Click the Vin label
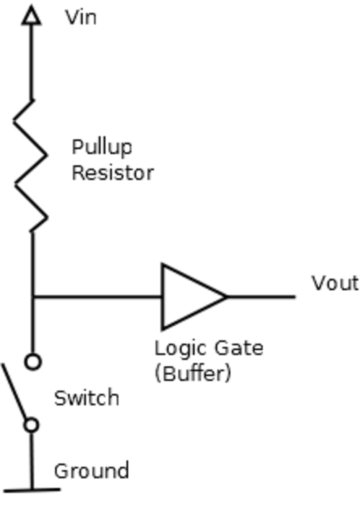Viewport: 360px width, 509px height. (x=81, y=17)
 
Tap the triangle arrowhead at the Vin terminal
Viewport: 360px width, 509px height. (x=31, y=16)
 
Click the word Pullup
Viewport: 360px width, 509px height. (x=102, y=148)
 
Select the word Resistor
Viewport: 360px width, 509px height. (x=112, y=173)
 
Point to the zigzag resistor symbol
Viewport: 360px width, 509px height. (x=31, y=166)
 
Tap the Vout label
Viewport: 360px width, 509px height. (x=335, y=283)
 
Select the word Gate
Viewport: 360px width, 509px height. (x=239, y=348)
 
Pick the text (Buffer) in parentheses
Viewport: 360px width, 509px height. (x=193, y=374)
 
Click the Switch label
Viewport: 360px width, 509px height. (x=86, y=398)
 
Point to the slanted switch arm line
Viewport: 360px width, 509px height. (x=14, y=392)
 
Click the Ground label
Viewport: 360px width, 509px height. (x=91, y=471)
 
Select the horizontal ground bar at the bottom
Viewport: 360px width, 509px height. (x=32, y=490)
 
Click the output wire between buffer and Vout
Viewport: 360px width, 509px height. (x=261, y=297)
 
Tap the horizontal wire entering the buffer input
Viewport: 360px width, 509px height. (x=97, y=297)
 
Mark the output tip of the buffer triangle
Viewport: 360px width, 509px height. (x=227, y=297)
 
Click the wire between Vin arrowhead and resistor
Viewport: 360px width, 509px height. (x=31, y=63)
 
